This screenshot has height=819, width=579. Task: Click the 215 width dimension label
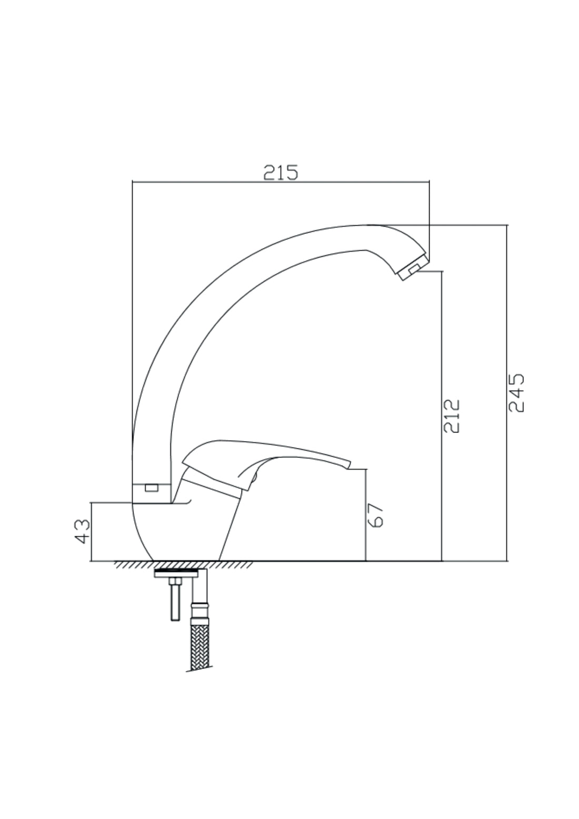click(x=281, y=172)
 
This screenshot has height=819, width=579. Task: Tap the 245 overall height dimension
click(x=516, y=393)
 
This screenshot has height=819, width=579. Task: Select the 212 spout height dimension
click(x=451, y=416)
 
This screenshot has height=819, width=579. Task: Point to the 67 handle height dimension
click(x=375, y=514)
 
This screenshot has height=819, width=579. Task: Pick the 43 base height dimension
click(x=83, y=531)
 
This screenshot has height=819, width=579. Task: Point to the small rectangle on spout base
click(x=152, y=488)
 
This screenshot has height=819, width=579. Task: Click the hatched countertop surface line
click(x=184, y=565)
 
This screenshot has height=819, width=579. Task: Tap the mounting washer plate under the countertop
click(x=176, y=573)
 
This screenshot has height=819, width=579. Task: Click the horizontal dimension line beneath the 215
click(x=281, y=182)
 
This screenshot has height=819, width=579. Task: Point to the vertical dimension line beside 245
click(x=507, y=474)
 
